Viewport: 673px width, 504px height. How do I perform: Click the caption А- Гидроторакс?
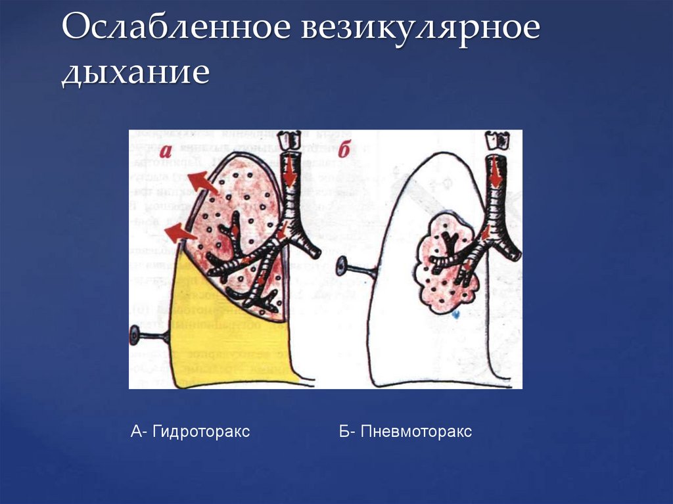tap(190, 432)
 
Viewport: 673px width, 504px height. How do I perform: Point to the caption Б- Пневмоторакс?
tap(406, 432)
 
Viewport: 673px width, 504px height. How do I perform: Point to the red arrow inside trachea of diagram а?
tap(290, 172)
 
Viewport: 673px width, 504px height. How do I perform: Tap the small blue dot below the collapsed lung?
tap(455, 315)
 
